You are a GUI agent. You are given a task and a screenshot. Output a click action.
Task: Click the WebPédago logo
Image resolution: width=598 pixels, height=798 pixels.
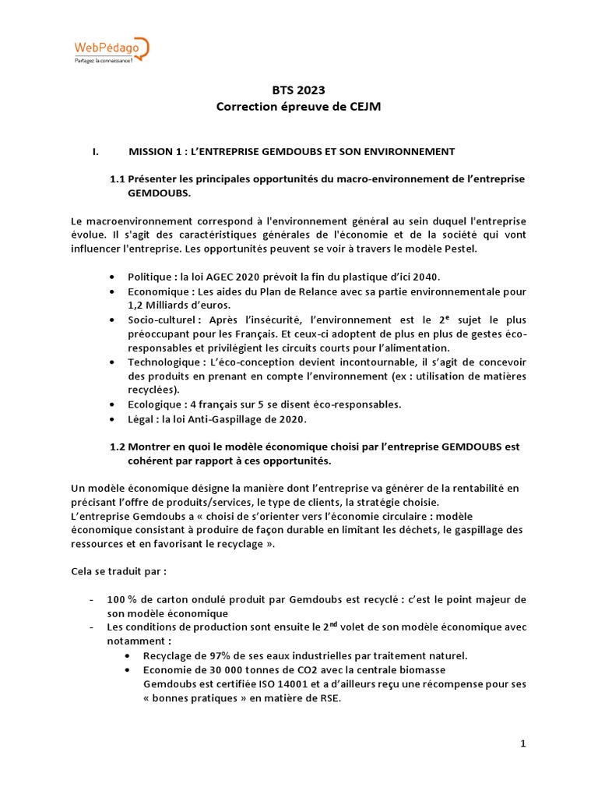(x=110, y=51)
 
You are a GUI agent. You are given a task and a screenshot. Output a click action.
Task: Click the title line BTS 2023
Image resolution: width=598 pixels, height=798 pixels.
(x=299, y=91)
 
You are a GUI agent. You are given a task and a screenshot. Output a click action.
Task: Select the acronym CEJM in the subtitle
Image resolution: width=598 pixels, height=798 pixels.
(x=365, y=108)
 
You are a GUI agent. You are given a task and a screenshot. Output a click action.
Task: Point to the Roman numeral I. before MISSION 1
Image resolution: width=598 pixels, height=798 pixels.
(x=96, y=150)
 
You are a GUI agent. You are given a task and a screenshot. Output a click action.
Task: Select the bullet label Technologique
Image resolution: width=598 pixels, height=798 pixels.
(x=162, y=362)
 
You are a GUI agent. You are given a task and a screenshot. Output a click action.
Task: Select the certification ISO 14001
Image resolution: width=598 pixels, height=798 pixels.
(x=273, y=684)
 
